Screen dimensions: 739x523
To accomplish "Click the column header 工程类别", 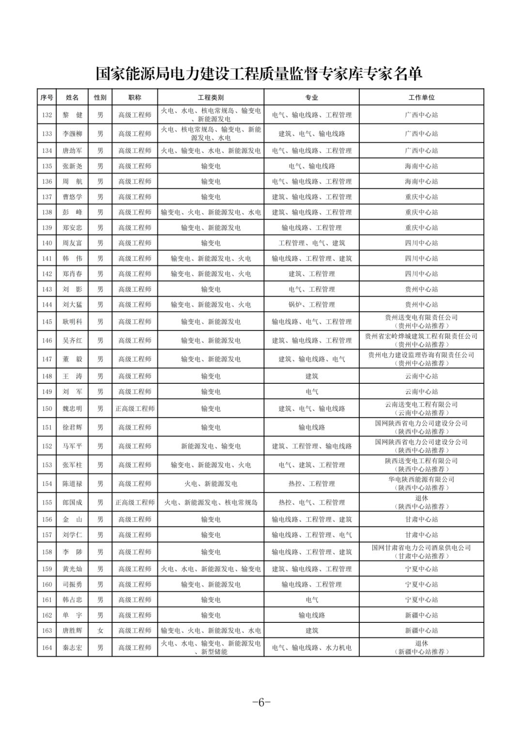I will [x=211, y=97].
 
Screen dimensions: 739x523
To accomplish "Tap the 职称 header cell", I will [x=135, y=97].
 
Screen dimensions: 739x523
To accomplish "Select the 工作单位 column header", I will [x=421, y=97].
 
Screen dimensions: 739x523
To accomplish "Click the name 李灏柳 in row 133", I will [x=73, y=134].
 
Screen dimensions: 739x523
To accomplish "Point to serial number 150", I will [x=47, y=408].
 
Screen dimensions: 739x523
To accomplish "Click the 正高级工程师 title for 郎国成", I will [x=135, y=502].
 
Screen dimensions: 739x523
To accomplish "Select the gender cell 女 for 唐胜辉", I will [x=100, y=631].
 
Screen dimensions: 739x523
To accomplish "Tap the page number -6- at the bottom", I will [x=261, y=703].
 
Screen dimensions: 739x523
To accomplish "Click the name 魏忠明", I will [x=73, y=408].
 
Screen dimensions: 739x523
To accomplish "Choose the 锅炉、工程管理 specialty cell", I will [x=311, y=304].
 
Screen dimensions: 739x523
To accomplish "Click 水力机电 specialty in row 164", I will [x=338, y=648].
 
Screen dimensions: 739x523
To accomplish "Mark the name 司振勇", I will [x=73, y=585].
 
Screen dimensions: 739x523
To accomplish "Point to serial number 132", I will [x=47, y=115].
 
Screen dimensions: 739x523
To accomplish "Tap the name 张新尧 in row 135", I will [x=73, y=166].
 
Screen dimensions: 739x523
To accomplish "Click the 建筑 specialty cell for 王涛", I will [x=311, y=376].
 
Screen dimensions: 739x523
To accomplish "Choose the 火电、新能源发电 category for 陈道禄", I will [x=211, y=483].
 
